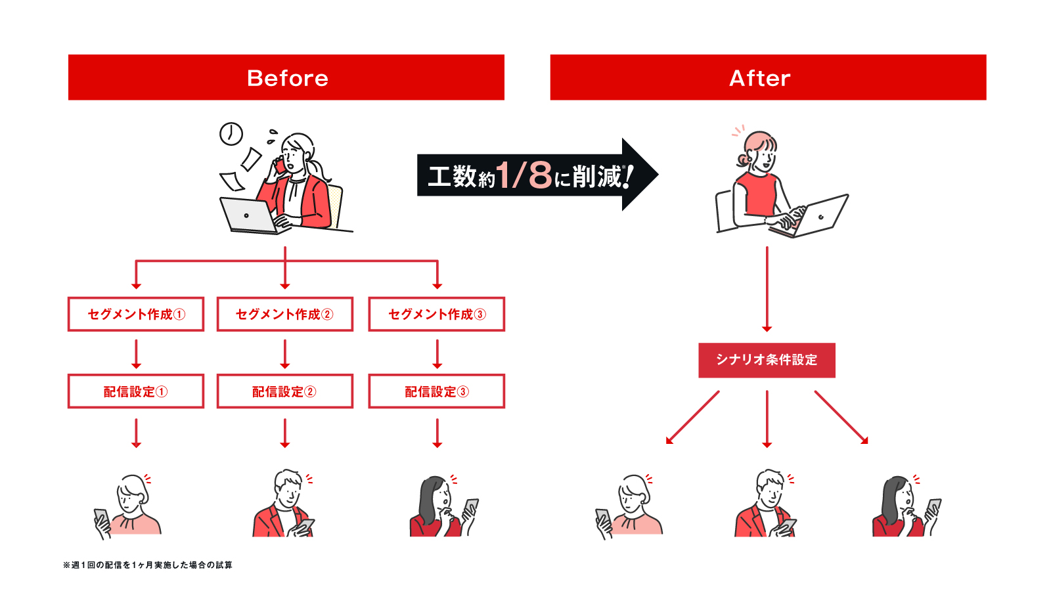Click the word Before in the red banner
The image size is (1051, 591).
click(287, 78)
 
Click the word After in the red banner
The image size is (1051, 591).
click(759, 78)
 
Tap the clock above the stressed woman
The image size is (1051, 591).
click(231, 134)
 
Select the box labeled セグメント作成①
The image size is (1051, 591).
click(136, 314)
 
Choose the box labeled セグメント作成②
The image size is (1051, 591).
click(284, 314)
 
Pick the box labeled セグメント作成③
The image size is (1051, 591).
click(436, 314)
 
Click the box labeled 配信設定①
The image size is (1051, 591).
click(136, 391)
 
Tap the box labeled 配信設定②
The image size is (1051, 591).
click(284, 391)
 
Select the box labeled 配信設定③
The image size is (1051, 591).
click(436, 391)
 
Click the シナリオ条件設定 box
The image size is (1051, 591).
click(767, 360)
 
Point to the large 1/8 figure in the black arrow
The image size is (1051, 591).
click(524, 175)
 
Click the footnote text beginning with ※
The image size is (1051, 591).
click(148, 565)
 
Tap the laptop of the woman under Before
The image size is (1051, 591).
click(250, 215)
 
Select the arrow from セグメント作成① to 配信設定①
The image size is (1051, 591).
click(136, 353)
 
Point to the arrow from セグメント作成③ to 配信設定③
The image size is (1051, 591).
click(437, 353)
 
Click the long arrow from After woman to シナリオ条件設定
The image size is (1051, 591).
click(767, 289)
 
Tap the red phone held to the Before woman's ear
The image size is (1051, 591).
click(280, 165)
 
